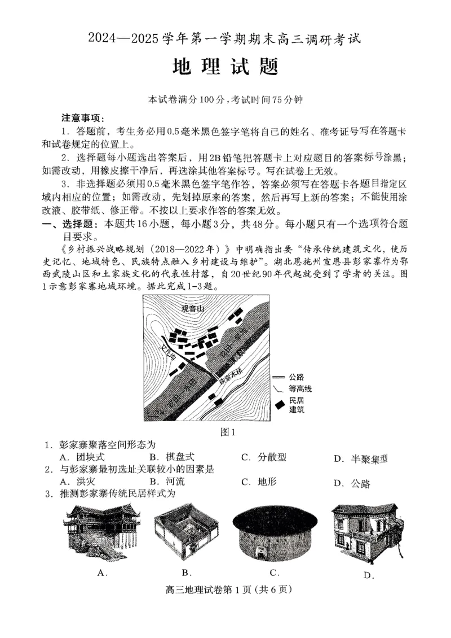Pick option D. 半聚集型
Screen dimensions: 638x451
pyautogui.click(x=360, y=458)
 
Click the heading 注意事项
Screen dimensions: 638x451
pyautogui.click(x=81, y=118)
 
